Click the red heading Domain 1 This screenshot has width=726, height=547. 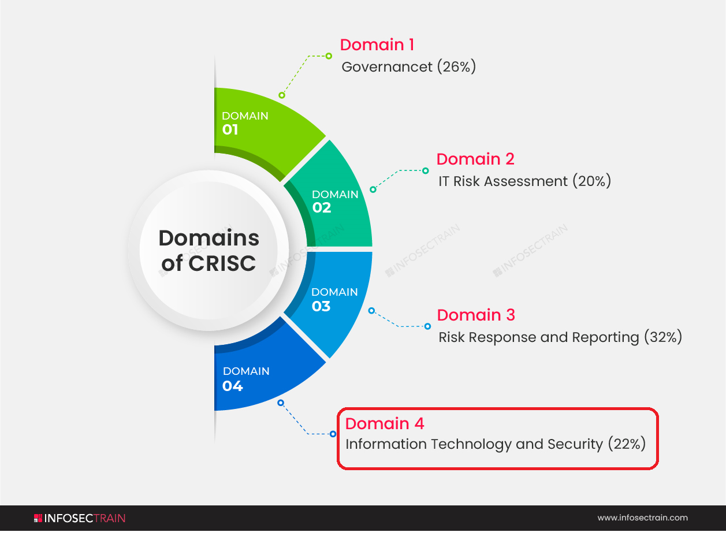point(377,44)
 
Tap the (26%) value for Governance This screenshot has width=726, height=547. point(456,66)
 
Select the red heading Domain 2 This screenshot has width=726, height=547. point(475,159)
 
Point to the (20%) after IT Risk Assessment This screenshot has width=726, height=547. point(591,181)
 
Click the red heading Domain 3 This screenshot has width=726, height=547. point(476,315)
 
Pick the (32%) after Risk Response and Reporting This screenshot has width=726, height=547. point(663,337)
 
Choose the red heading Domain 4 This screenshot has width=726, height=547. point(385,423)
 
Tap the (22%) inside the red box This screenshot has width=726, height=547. point(627,444)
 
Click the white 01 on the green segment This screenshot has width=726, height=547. point(230,129)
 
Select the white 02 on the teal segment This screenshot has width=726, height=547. point(322,208)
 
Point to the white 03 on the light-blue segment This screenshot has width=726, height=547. point(321,306)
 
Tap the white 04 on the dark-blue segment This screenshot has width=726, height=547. point(233,386)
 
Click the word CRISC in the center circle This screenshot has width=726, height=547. point(222,263)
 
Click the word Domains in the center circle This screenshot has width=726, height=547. point(209,238)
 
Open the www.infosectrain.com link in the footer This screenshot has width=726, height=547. point(643,518)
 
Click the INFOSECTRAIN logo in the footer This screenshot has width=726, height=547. point(79,518)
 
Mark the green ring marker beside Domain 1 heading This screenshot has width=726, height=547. point(329,56)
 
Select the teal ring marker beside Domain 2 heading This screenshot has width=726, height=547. point(425,170)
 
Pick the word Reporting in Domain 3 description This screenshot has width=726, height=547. point(605,337)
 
